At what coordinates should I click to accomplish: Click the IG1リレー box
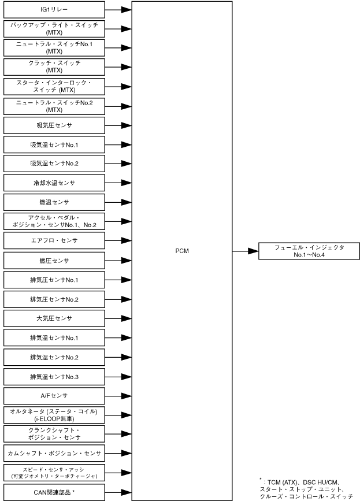(x=54, y=9)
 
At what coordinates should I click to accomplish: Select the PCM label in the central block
(x=182, y=251)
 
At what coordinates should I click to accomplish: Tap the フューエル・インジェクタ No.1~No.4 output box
(x=309, y=251)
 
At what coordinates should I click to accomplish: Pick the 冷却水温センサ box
(x=54, y=183)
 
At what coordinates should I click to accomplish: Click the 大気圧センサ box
(x=54, y=318)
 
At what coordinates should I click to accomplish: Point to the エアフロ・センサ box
(x=54, y=240)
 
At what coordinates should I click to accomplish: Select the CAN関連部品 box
(x=54, y=492)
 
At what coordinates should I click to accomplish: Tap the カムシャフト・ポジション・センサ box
(x=54, y=453)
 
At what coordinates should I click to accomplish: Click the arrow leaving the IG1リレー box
(x=118, y=9)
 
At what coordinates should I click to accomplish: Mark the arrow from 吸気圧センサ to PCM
(x=118, y=125)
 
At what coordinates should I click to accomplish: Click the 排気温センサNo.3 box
(x=54, y=376)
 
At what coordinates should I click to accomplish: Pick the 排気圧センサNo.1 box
(x=54, y=280)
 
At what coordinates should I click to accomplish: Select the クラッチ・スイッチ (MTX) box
(x=54, y=66)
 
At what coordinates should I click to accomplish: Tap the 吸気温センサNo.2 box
(x=54, y=164)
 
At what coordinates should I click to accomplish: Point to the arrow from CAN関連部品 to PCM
(x=118, y=492)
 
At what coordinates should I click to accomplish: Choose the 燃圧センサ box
(x=54, y=260)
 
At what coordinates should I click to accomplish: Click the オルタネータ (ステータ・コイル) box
(x=54, y=414)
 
